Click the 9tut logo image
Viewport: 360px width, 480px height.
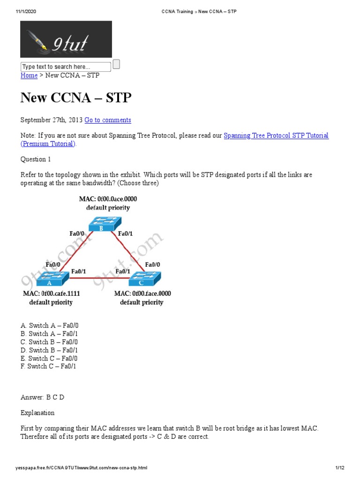66,39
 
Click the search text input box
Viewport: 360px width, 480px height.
66,67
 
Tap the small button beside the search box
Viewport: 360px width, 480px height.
116,65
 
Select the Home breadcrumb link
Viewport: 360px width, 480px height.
29,75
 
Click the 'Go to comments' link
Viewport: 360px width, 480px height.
108,120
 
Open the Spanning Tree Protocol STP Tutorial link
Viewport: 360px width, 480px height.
276,135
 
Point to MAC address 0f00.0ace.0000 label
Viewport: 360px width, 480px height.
108,199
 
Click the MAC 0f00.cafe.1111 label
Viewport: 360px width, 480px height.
51,294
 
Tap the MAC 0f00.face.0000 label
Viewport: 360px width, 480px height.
142,294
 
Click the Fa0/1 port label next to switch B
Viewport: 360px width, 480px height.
126,233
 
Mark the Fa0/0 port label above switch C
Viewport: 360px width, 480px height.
153,264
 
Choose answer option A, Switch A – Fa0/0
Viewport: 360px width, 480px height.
52,325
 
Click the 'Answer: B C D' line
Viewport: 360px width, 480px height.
42,397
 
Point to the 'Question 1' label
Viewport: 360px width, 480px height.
36,159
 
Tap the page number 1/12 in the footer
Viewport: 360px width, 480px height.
340,468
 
